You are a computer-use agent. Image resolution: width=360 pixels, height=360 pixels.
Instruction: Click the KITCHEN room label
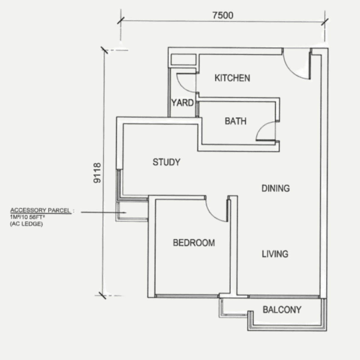tap(232, 78)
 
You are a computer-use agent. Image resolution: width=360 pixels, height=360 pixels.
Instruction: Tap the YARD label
tap(182, 103)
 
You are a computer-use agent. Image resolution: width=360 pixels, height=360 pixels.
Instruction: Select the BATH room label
tap(235, 121)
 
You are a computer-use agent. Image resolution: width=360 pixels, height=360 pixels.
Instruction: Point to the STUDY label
tap(166, 162)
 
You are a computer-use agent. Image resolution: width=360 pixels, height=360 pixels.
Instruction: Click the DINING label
tap(275, 188)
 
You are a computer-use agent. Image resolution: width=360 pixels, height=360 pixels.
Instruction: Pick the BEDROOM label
tap(194, 243)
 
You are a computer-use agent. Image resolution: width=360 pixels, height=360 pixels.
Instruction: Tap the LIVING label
tap(275, 254)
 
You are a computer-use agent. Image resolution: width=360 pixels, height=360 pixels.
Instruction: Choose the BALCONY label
tap(282, 310)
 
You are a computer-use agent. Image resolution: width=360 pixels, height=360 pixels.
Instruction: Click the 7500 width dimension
tap(223, 15)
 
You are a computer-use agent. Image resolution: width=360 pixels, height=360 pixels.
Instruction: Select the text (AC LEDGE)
tap(26, 224)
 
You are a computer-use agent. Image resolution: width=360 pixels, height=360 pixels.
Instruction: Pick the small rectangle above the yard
tap(183, 59)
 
